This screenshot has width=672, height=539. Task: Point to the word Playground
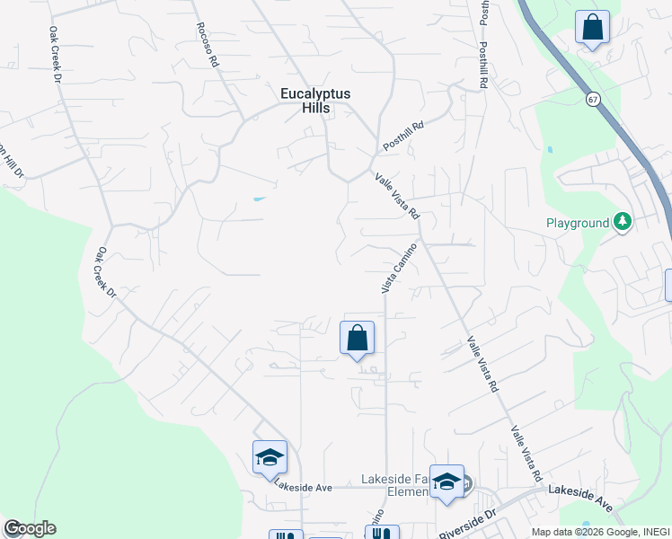[x=578, y=223]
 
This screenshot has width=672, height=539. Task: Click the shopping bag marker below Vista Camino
[x=357, y=339]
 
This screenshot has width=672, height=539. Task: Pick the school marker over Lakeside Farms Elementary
[x=447, y=482]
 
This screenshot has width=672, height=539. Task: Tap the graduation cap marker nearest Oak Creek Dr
[x=270, y=458]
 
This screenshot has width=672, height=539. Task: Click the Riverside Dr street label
[x=467, y=525]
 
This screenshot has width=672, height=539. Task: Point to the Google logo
[x=30, y=528]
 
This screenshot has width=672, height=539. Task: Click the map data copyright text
[x=600, y=532]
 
